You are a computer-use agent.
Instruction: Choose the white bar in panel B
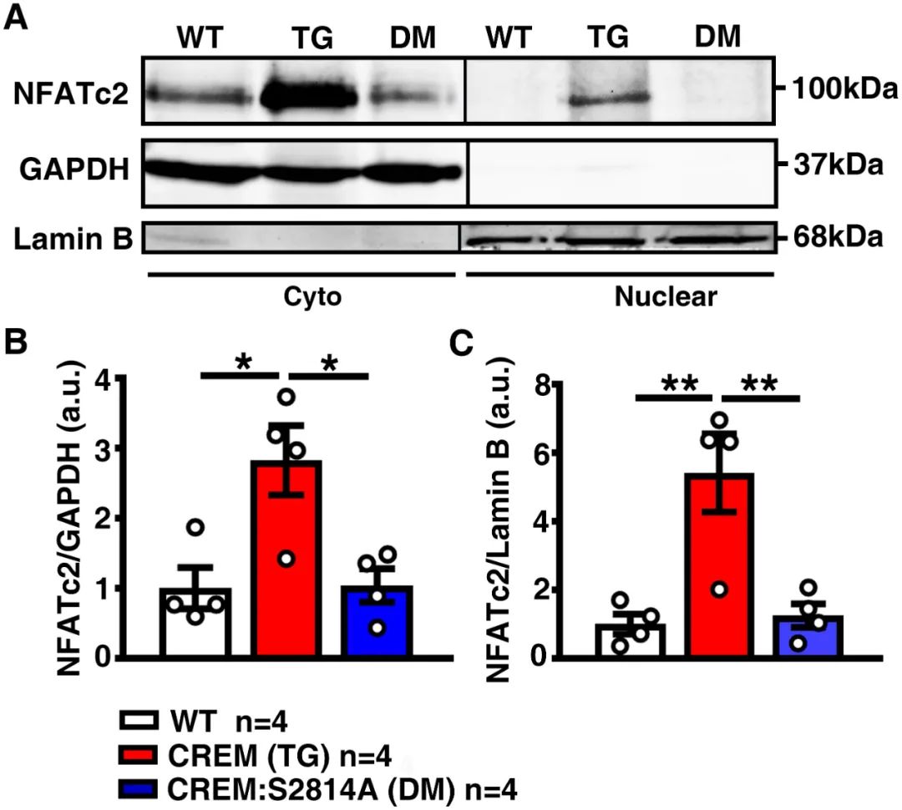click(194, 622)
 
